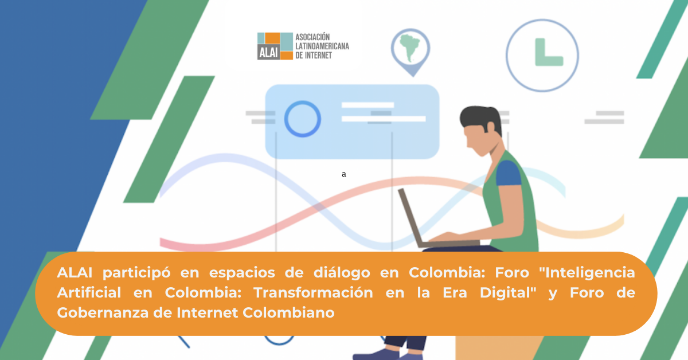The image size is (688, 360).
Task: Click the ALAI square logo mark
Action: coord(275,46)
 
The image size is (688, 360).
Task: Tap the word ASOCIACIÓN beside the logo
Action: coord(312,37)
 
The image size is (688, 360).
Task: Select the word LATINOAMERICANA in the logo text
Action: coord(322,46)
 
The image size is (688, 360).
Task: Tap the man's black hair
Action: coord(480,118)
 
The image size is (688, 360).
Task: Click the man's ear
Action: coord(491,127)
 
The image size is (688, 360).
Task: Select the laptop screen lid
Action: coord(412,218)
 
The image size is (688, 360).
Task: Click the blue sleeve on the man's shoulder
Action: coord(509,174)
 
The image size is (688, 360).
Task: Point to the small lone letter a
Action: coord(343,174)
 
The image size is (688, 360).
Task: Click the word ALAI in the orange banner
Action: coord(75,272)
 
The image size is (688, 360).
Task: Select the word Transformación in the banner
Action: coord(313,293)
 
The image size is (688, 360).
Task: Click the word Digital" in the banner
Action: coord(508,293)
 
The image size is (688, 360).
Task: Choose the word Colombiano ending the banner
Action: coord(288,313)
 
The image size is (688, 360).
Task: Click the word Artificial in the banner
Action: coord(89,293)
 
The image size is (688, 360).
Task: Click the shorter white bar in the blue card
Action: coord(368,105)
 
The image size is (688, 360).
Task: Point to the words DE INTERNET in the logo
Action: coord(314,55)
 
